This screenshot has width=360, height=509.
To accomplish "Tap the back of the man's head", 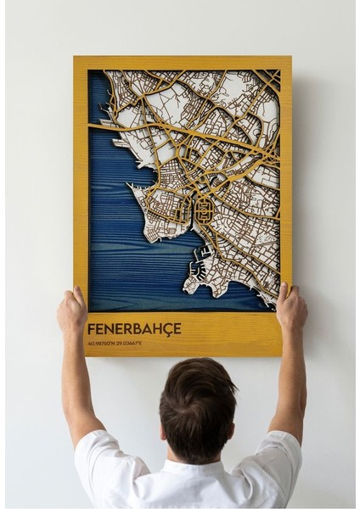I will point(197,399).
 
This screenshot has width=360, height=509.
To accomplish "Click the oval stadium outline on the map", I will point(204,207).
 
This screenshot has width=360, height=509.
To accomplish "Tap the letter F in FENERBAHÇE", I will point(91,328).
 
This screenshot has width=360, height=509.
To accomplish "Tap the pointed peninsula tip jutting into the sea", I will point(130,186).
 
